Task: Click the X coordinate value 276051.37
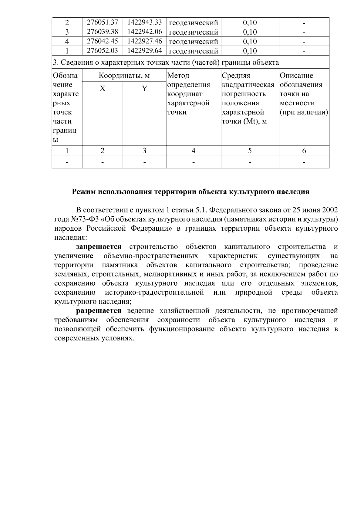pos(102,22)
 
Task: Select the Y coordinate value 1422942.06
pos(144,32)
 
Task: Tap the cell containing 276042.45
pos(102,41)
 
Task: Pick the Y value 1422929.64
pos(144,51)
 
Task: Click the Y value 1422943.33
pos(144,22)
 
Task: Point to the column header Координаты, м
pos(124,76)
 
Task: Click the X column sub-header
pos(103,89)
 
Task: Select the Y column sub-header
pos(144,89)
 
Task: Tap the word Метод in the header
pos(178,76)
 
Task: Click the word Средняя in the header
pos(236,76)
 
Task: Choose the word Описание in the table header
pos(296,76)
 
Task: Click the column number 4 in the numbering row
pos(193,151)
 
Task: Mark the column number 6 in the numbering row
pos(304,151)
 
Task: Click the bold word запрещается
pos(99,247)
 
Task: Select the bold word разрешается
pos(99,311)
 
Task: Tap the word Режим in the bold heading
pos(82,192)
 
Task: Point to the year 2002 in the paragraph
pos(330,210)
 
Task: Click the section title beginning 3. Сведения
pos(166,63)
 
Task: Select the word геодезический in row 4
pos(193,42)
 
